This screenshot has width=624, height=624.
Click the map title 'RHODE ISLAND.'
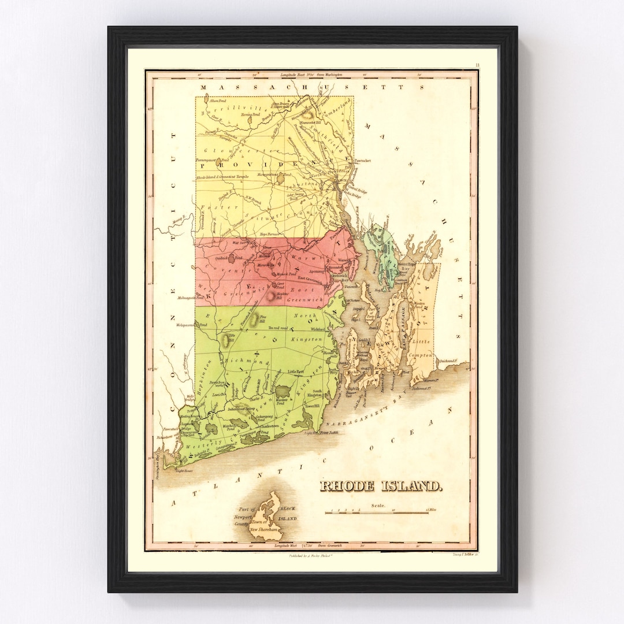click(x=382, y=486)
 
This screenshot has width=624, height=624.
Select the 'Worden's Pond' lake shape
click(x=282, y=394)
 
